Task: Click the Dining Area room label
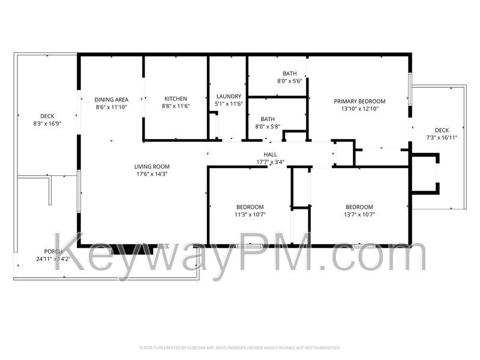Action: click(111, 100)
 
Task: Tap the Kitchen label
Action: click(175, 99)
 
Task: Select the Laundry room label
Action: click(228, 96)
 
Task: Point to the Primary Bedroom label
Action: click(359, 101)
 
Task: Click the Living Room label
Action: click(152, 167)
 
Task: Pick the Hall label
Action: click(270, 155)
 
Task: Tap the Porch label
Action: click(53, 251)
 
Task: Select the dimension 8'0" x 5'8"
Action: click(268, 127)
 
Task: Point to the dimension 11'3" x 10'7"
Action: click(250, 214)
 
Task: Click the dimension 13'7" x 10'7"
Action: click(359, 214)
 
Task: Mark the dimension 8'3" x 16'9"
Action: click(47, 124)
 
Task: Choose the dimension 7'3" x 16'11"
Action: click(442, 137)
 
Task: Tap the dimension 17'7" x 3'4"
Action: click(270, 162)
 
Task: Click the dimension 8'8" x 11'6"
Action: click(175, 106)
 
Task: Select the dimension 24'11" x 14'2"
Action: click(53, 259)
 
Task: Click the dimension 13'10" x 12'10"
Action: click(359, 109)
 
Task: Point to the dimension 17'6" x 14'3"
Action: click(152, 174)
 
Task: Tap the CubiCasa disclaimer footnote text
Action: click(240, 347)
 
